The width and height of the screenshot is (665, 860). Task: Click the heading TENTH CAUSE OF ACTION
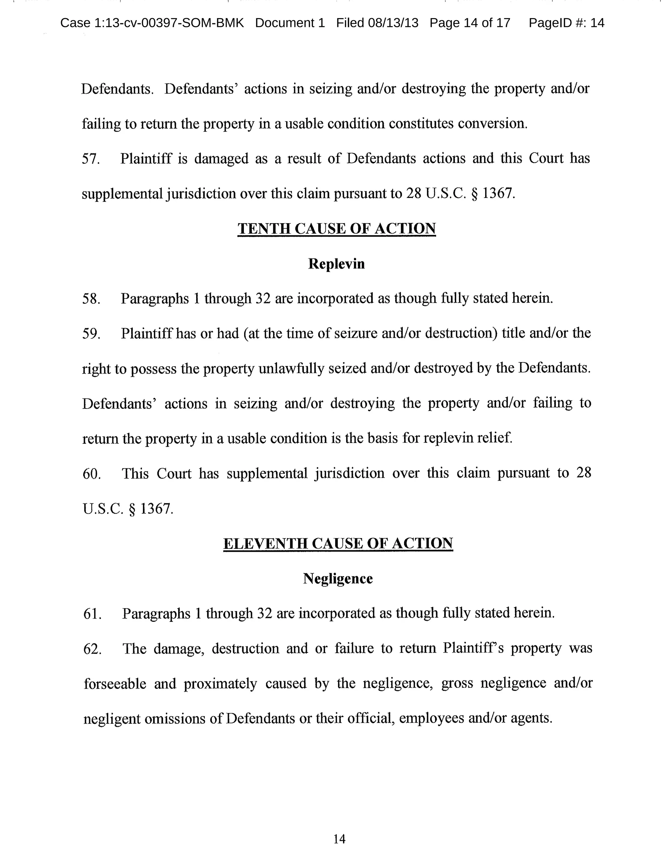[336, 228]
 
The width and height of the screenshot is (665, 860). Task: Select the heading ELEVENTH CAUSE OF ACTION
[338, 543]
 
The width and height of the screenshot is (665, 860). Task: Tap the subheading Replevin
[336, 264]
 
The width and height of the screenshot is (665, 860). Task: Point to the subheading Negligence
[338, 578]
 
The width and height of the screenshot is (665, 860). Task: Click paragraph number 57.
[91, 159]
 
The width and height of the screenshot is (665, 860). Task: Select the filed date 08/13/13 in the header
[393, 23]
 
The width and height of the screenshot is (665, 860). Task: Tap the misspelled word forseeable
[115, 683]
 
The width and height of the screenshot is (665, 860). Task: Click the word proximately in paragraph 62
[220, 683]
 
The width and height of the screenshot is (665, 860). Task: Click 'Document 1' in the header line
[290, 23]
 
